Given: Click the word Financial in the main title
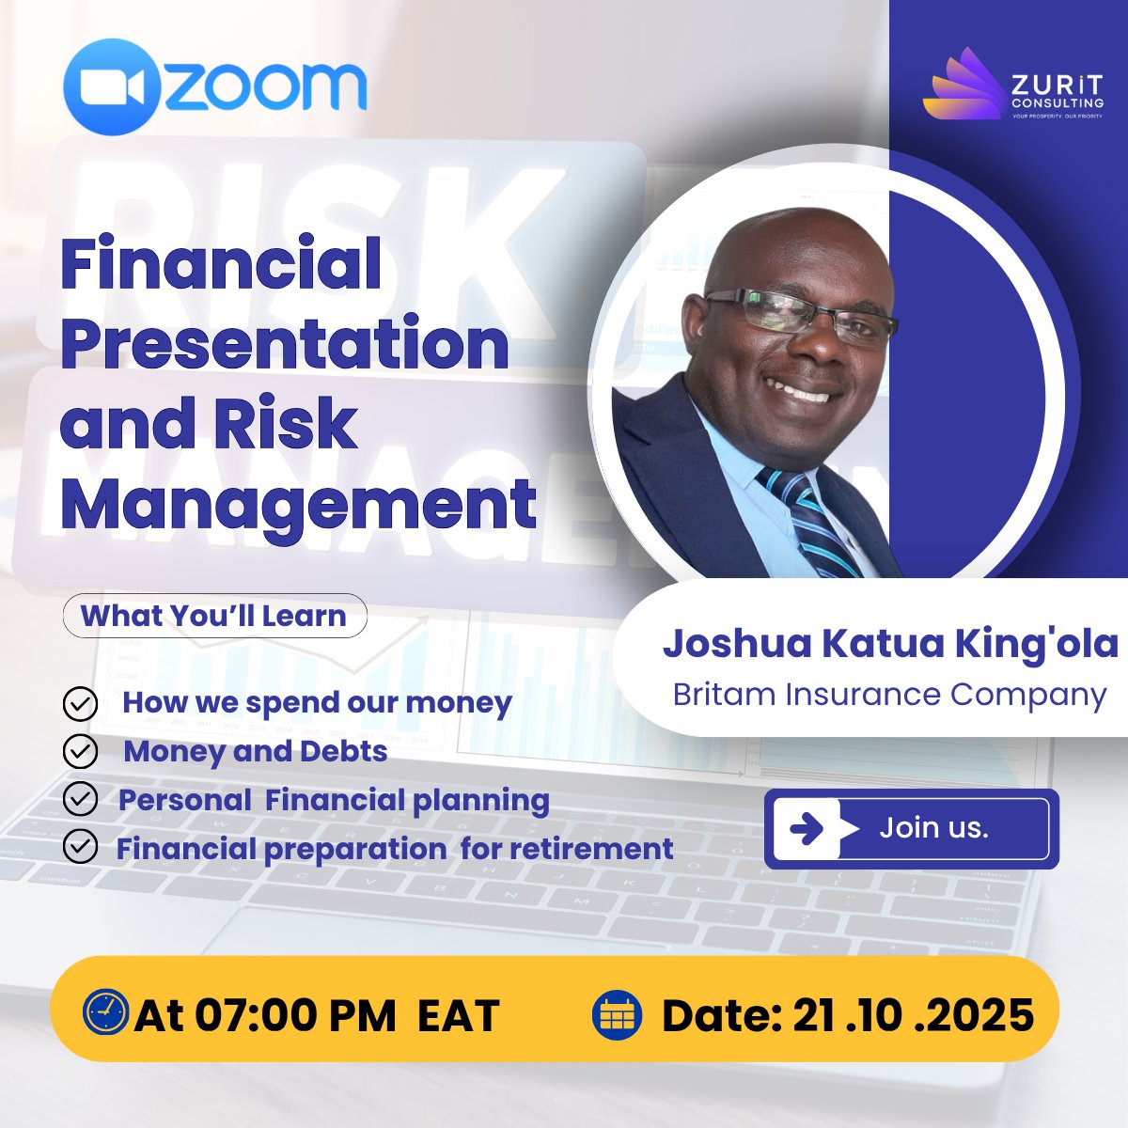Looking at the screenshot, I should point(221,264).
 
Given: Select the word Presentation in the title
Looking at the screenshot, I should point(285,344).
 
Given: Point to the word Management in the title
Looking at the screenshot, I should point(298,505).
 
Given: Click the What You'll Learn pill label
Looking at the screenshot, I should point(214,616).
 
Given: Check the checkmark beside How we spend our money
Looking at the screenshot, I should point(81,703).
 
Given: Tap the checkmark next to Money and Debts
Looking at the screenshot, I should point(81,751).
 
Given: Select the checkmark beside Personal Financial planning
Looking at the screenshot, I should point(81,799).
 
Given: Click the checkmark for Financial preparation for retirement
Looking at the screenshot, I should point(81,847).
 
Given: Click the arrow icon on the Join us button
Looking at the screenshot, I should point(807,828).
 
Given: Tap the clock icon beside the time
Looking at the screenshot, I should point(105,1013).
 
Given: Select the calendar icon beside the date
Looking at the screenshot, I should point(617,1015).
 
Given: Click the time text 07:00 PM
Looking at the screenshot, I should point(296,1015).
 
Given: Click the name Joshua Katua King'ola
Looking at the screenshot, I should point(890,644).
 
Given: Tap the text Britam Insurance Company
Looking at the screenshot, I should point(890,695).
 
